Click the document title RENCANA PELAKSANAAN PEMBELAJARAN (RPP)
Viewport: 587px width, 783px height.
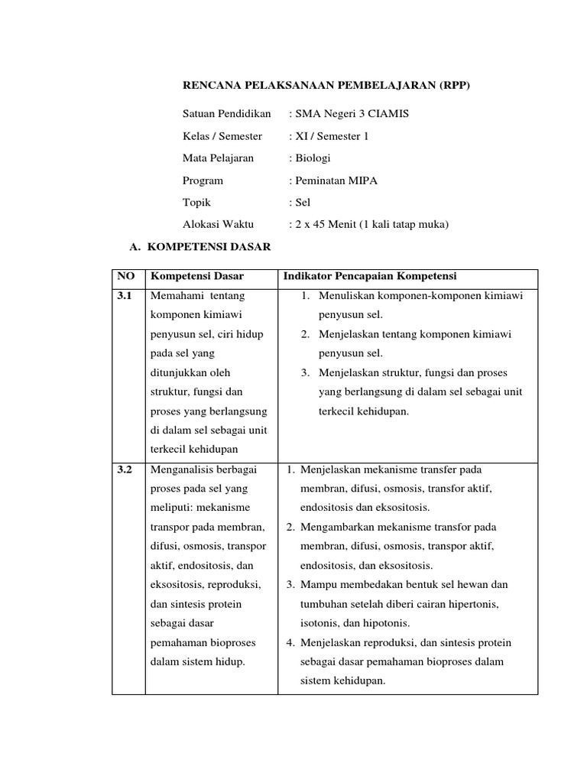coord(326,86)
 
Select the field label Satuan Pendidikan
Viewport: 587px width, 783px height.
coord(227,114)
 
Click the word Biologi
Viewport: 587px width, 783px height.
coord(313,158)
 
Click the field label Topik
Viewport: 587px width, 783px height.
coord(196,203)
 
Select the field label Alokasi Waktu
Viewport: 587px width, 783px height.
coord(218,225)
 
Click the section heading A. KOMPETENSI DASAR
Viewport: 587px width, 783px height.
coord(198,248)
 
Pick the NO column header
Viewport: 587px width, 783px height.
coord(125,276)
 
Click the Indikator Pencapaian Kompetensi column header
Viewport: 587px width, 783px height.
coord(370,276)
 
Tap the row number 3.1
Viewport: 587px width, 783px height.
coord(125,295)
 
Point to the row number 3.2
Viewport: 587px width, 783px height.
coord(125,469)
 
